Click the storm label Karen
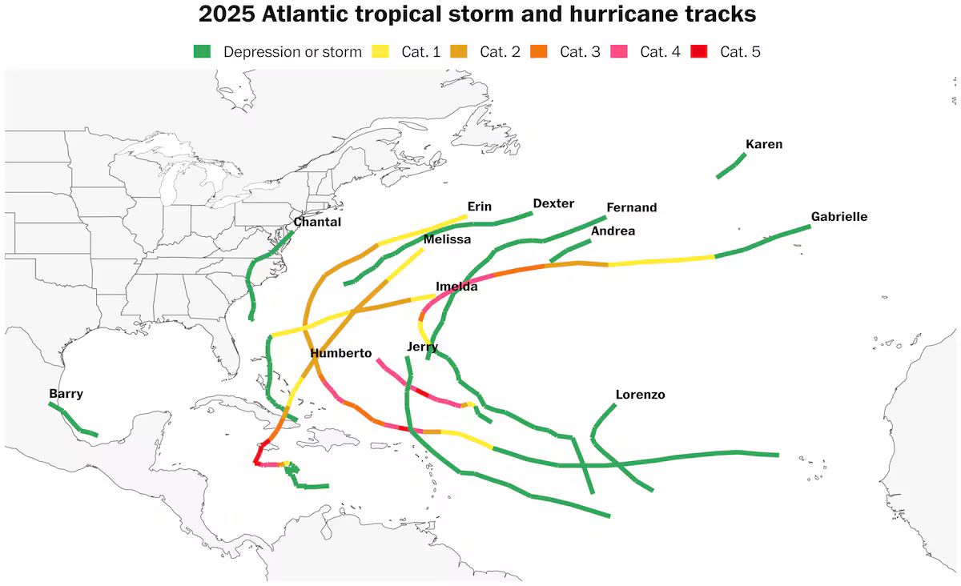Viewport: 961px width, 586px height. pos(763,145)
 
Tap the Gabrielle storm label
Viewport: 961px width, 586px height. pos(838,217)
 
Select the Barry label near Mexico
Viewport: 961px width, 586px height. pos(66,394)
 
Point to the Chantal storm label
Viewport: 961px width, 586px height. pos(317,222)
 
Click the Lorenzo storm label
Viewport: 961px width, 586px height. pos(640,395)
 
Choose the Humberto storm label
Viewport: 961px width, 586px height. pos(341,353)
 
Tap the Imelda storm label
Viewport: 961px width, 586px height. pos(456,287)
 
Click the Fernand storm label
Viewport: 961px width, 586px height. pos(631,207)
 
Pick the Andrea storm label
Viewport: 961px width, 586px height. pos(613,231)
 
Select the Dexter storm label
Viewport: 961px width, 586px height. pos(553,203)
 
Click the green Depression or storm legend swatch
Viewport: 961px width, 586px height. pos(203,52)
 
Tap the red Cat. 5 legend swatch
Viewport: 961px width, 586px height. pos(699,52)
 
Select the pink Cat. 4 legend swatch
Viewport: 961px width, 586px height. pos(619,52)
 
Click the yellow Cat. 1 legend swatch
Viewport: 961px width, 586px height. pos(380,52)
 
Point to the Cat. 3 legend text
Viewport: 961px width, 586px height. pos(580,52)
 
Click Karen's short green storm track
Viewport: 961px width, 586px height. pos(731,166)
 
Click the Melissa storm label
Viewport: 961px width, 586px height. pos(447,239)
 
